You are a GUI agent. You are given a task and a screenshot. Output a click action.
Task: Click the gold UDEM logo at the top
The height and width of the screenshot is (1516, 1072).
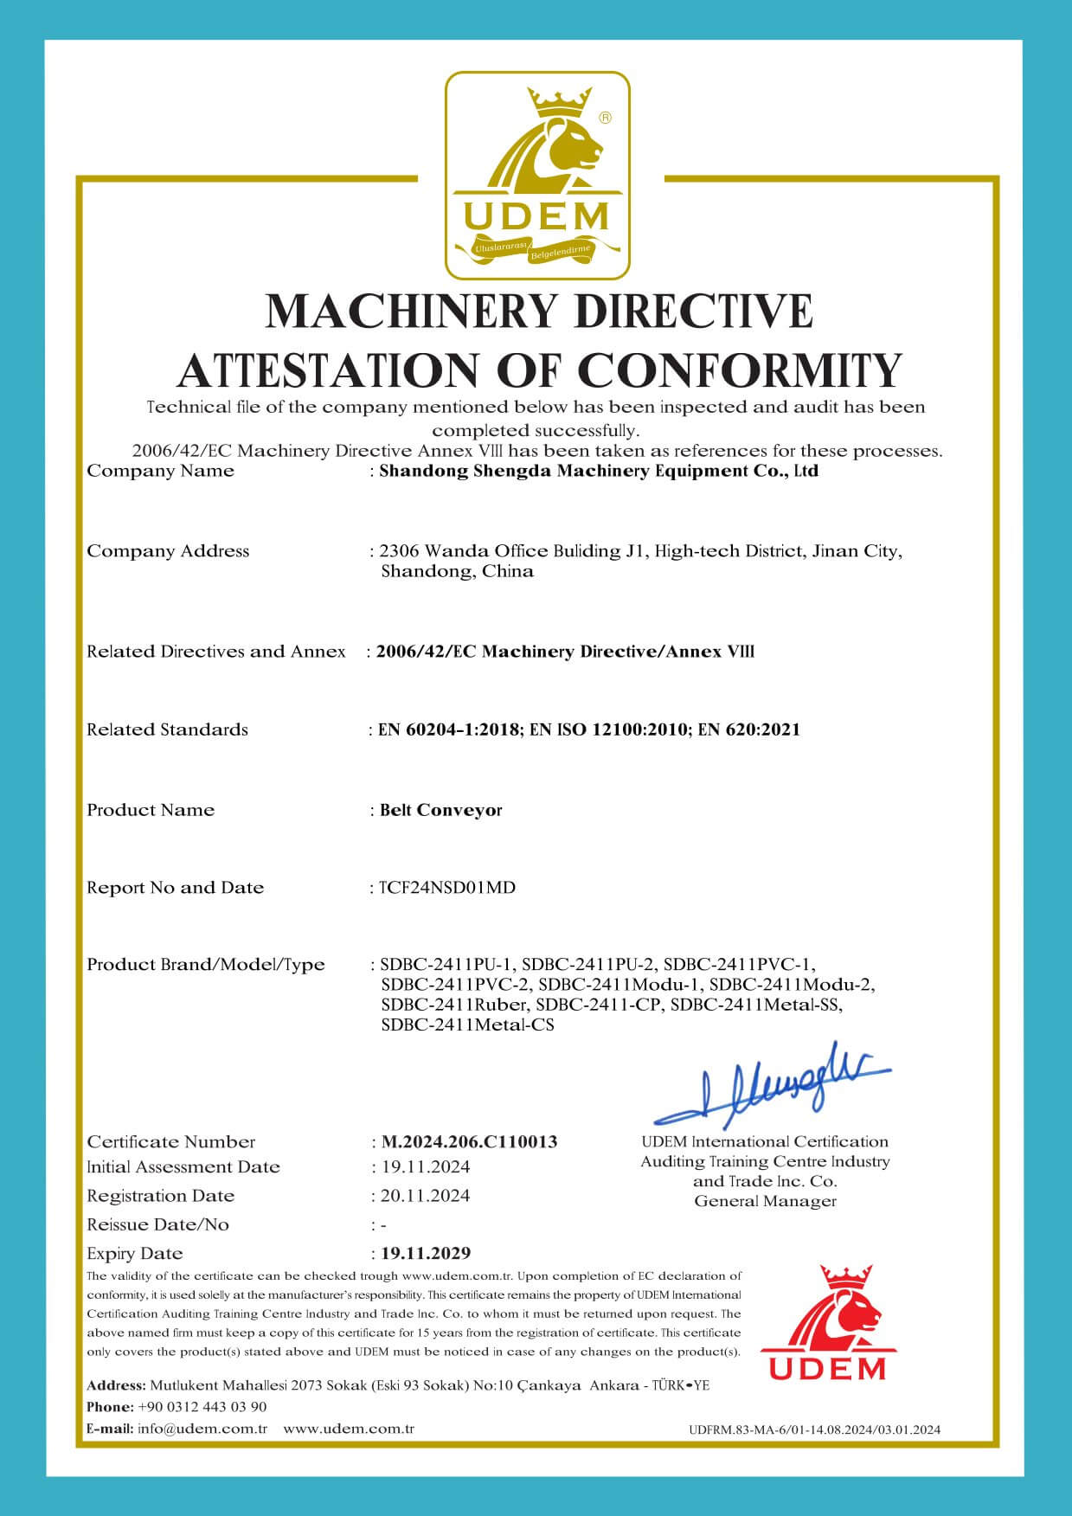537,176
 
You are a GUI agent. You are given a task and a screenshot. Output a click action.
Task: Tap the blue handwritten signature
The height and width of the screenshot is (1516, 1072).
770,1084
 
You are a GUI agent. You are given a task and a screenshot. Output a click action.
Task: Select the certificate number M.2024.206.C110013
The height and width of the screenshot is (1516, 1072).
469,1141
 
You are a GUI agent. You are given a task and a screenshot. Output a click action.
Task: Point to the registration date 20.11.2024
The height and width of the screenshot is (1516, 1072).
426,1196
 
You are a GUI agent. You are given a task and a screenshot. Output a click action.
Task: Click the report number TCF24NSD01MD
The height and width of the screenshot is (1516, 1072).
447,887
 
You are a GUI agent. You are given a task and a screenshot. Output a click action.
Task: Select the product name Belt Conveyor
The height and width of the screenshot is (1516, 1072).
441,810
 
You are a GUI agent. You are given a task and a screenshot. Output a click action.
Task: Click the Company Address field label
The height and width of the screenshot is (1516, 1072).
168,551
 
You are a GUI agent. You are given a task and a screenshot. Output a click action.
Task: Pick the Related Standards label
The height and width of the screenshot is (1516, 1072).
167,729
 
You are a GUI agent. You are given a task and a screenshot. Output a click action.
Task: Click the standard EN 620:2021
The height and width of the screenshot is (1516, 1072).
749,729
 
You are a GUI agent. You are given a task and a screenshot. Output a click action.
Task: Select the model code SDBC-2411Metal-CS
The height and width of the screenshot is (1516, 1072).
467,1025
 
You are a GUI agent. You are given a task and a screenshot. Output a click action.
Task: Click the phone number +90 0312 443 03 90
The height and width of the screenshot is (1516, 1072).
202,1407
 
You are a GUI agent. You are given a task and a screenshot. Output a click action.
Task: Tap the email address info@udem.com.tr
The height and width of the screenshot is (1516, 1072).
202,1428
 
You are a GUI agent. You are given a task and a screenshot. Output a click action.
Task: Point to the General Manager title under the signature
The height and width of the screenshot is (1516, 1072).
765,1201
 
